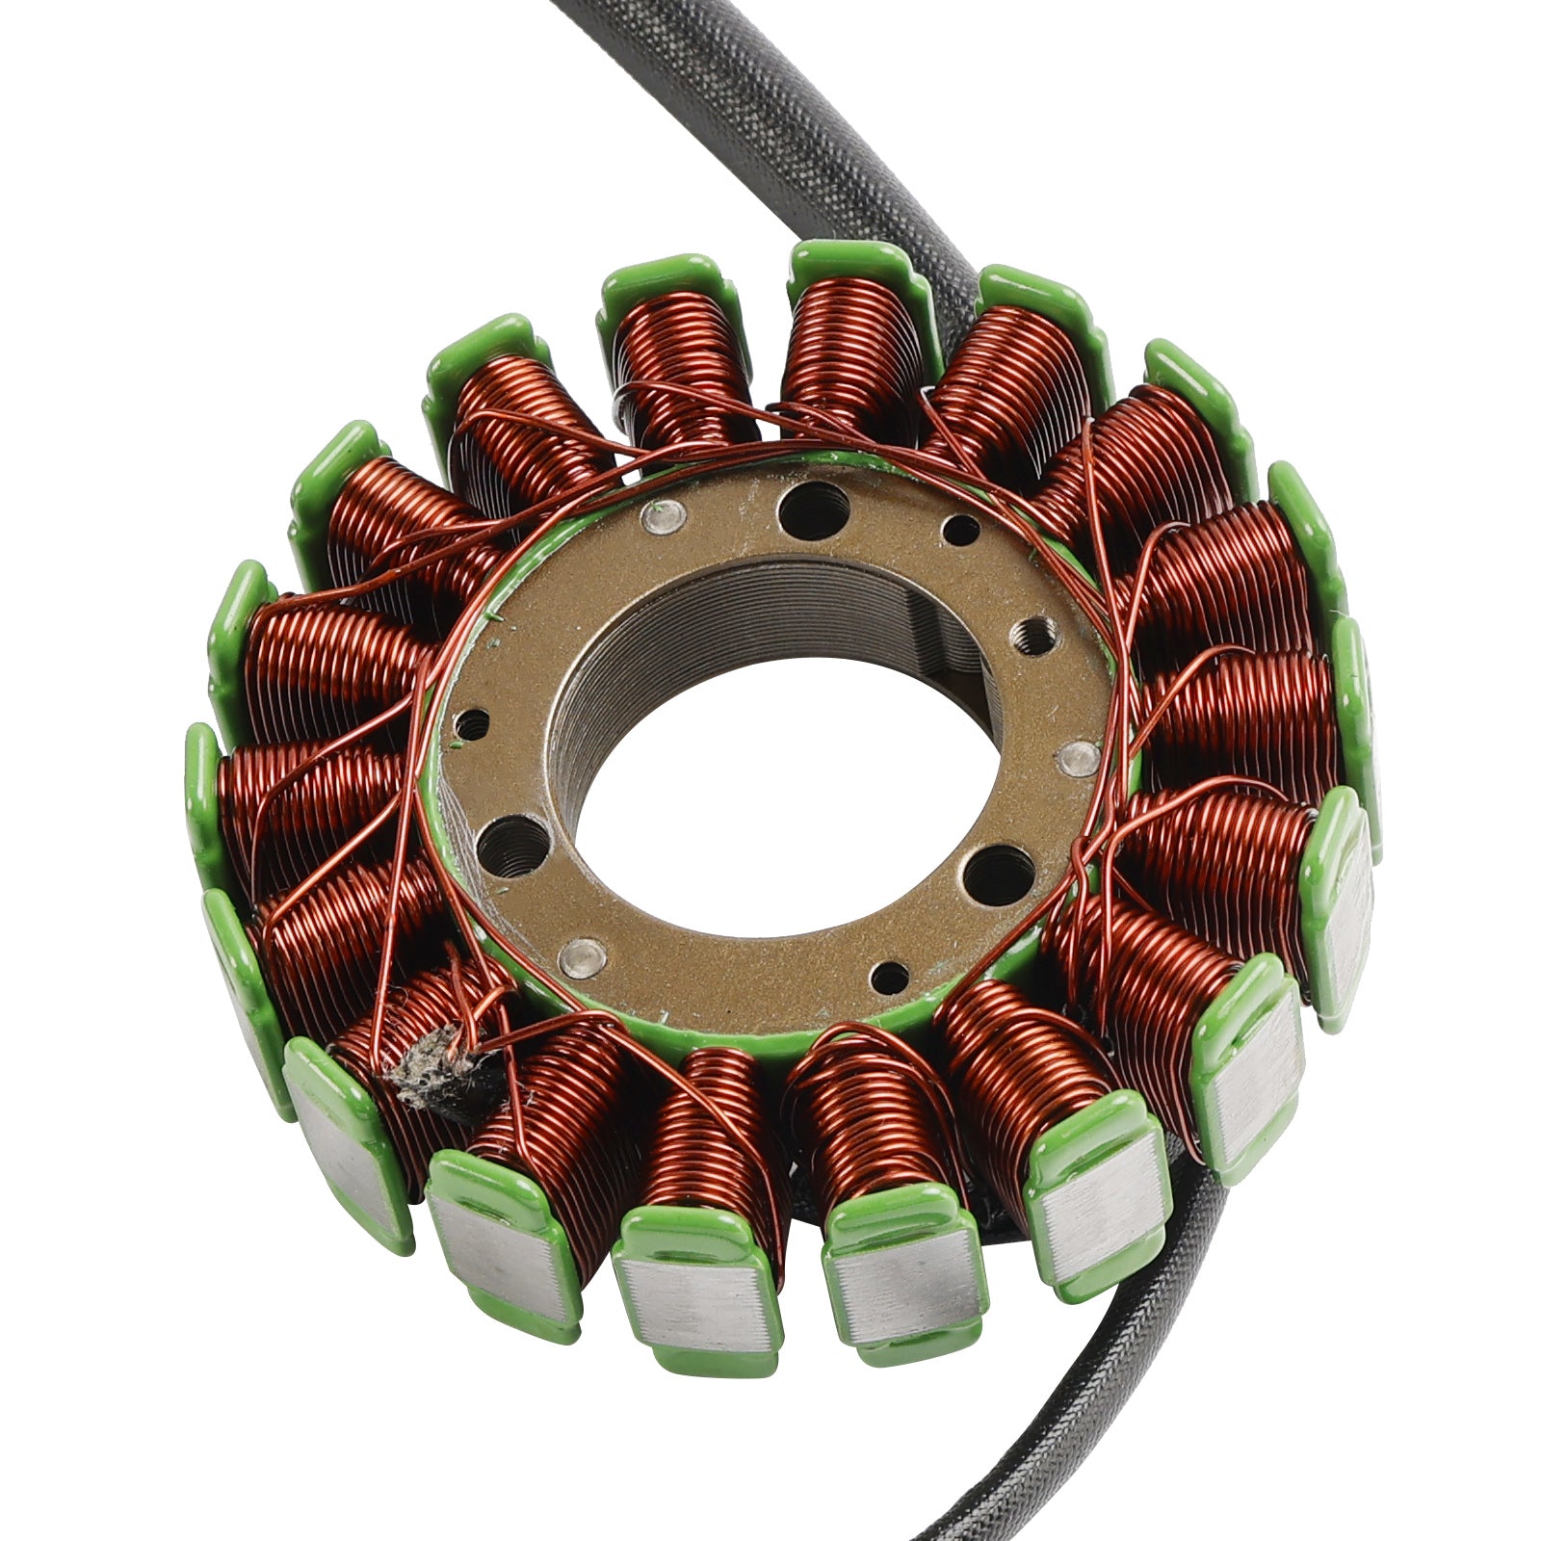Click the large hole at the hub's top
(814, 509)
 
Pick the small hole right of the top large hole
(960, 530)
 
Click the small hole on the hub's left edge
(472, 723)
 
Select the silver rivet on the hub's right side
(1077, 759)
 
